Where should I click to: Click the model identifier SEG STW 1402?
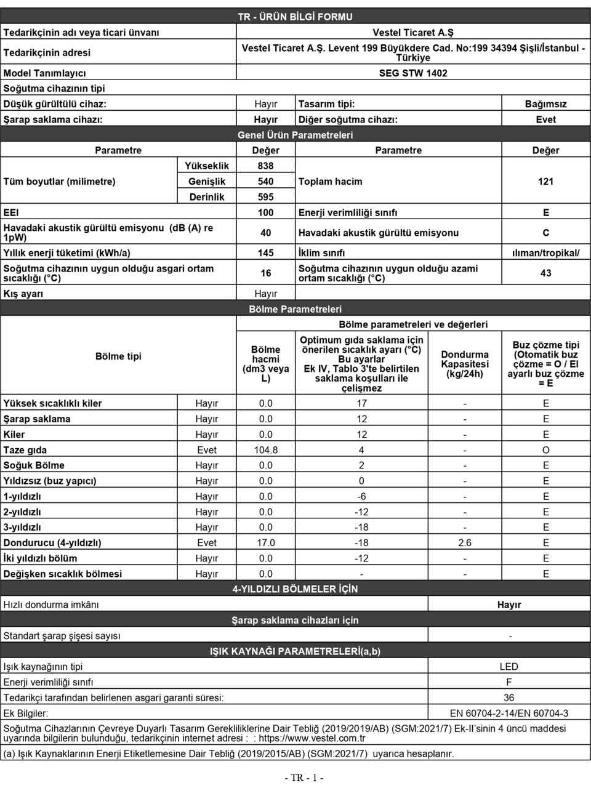point(412,73)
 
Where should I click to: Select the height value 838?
point(265,166)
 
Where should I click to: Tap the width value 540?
point(265,181)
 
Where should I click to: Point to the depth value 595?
point(265,197)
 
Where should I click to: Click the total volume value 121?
point(545,181)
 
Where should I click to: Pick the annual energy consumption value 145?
point(265,252)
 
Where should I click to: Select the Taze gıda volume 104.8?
point(265,450)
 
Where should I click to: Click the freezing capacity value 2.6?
point(465,542)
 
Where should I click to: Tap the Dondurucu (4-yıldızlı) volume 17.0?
point(265,542)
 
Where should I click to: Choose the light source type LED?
point(509,666)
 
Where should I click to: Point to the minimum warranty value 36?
point(509,698)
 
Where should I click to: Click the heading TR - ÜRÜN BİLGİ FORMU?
point(295,17)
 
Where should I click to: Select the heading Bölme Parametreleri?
point(295,309)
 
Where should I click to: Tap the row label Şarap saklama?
point(37,419)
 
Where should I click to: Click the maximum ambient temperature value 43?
point(545,273)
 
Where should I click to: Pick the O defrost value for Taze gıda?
point(545,450)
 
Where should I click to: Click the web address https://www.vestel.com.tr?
point(312,738)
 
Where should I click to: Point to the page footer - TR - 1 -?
point(304,778)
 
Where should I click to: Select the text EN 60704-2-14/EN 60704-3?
point(509,713)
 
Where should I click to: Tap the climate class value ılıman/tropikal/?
point(545,252)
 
